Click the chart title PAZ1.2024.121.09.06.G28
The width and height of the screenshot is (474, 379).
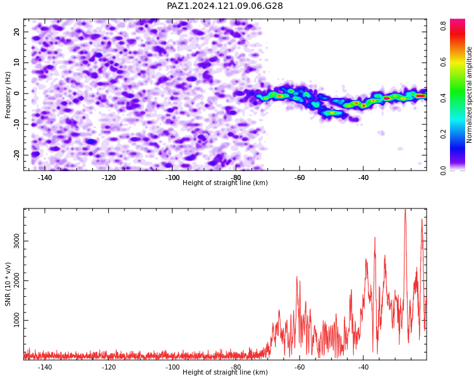(225, 6)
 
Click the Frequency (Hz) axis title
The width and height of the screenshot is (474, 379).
(8, 95)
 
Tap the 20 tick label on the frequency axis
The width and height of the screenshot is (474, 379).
(17, 32)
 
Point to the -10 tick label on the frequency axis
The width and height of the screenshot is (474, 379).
(17, 124)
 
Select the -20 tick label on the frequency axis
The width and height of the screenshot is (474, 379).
(17, 155)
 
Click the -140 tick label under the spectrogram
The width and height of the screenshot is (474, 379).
(45, 177)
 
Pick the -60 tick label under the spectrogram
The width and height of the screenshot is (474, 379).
(300, 177)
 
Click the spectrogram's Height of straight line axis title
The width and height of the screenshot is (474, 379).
(225, 183)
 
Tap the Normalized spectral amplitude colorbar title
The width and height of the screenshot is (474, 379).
(469, 95)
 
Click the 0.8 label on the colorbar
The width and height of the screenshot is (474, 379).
(443, 26)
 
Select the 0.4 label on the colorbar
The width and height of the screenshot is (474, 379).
(443, 98)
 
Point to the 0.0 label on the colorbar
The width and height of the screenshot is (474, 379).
(443, 171)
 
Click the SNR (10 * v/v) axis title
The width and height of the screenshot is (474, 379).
(8, 284)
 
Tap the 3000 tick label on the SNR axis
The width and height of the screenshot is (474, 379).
(17, 241)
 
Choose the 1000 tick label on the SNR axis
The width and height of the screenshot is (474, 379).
(17, 320)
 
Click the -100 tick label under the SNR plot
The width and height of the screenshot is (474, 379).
(173, 367)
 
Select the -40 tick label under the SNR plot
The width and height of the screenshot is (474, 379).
(363, 367)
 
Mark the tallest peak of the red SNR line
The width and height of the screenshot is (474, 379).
(405, 209)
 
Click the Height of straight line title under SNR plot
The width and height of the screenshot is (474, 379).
(225, 372)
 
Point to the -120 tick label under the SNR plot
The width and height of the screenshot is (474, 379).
(109, 367)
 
